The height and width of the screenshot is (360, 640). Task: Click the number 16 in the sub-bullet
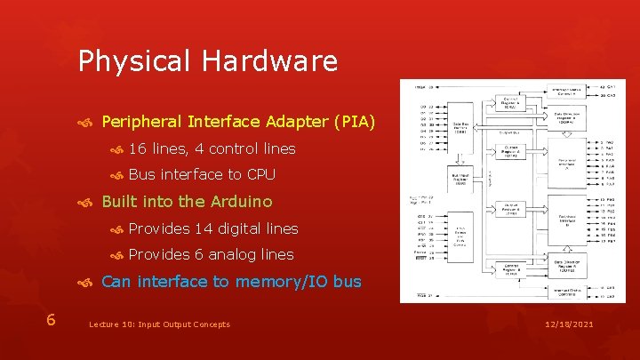point(138,148)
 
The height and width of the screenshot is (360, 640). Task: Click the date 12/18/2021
point(570,324)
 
